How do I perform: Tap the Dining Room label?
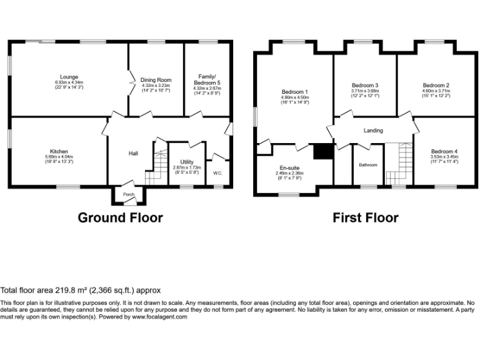coord(156,80)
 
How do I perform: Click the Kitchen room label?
coord(59,151)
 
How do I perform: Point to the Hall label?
coord(133,153)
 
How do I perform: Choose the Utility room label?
coord(187,162)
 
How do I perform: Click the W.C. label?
coord(217,172)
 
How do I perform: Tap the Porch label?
coord(129,194)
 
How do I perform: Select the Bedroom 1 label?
coord(294,92)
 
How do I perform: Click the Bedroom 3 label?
coord(364,85)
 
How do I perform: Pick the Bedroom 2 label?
coord(436,85)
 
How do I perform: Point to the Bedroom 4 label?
coord(443,151)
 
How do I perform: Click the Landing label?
coord(373,131)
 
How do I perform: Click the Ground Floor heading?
coord(120,217)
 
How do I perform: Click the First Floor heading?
coord(366,217)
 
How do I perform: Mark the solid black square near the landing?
coord(323,152)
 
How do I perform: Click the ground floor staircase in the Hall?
coord(157,167)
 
